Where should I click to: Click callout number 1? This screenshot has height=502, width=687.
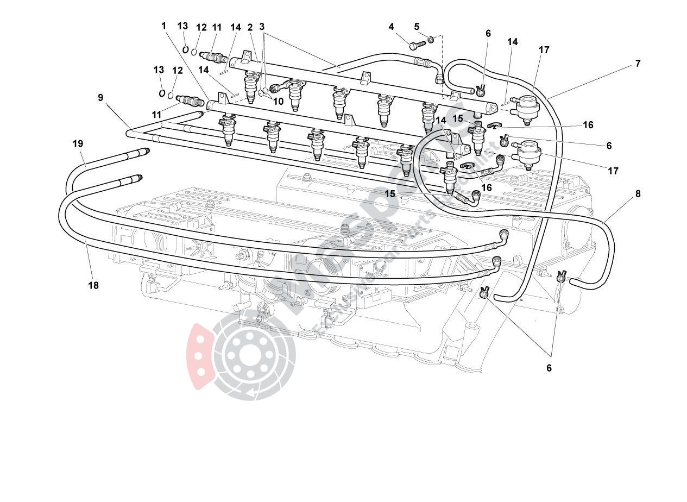(x=163, y=26)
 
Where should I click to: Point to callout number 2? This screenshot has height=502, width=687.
(x=250, y=27)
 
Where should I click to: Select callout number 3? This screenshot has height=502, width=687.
(x=262, y=27)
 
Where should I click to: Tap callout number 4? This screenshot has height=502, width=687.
(x=390, y=27)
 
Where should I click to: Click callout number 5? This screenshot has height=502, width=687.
(x=417, y=27)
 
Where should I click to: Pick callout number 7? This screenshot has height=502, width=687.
(x=638, y=64)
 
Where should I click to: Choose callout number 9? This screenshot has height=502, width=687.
(x=100, y=98)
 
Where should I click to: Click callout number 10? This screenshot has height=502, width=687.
(x=278, y=101)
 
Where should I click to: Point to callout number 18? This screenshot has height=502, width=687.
(x=93, y=285)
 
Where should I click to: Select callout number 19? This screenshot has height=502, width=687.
(x=78, y=143)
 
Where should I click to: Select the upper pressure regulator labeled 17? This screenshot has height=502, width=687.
(x=525, y=104)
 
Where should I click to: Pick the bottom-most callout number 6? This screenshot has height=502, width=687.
(x=549, y=368)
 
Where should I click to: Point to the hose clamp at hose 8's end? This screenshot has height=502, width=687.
(x=562, y=277)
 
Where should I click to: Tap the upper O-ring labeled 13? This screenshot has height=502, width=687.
(x=185, y=49)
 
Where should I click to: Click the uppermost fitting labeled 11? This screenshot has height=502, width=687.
(x=212, y=56)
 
